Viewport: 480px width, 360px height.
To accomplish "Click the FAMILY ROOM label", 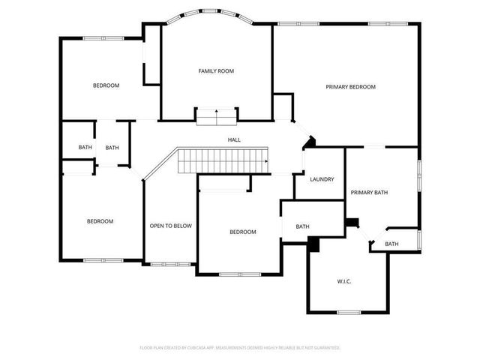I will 216,71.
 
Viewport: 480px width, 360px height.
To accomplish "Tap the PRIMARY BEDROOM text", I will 350,87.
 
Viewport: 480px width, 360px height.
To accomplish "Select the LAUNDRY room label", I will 322,179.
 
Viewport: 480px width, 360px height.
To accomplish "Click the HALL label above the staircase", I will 234,139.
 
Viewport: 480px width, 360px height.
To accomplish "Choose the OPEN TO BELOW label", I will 170,226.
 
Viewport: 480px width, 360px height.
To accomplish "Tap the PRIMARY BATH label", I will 370,193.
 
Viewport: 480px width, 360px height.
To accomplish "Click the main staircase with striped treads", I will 223,160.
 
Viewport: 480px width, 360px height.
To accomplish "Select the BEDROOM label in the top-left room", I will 106,85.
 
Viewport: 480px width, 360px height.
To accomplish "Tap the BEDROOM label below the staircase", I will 242,232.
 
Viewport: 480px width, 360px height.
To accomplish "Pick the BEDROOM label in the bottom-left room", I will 100,221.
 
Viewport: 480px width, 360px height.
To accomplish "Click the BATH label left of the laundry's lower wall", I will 302,226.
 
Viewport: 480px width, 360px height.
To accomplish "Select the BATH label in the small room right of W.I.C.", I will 392,244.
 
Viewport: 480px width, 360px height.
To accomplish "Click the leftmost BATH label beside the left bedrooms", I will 85,148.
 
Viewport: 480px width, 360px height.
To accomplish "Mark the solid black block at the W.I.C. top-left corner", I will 313,243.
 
